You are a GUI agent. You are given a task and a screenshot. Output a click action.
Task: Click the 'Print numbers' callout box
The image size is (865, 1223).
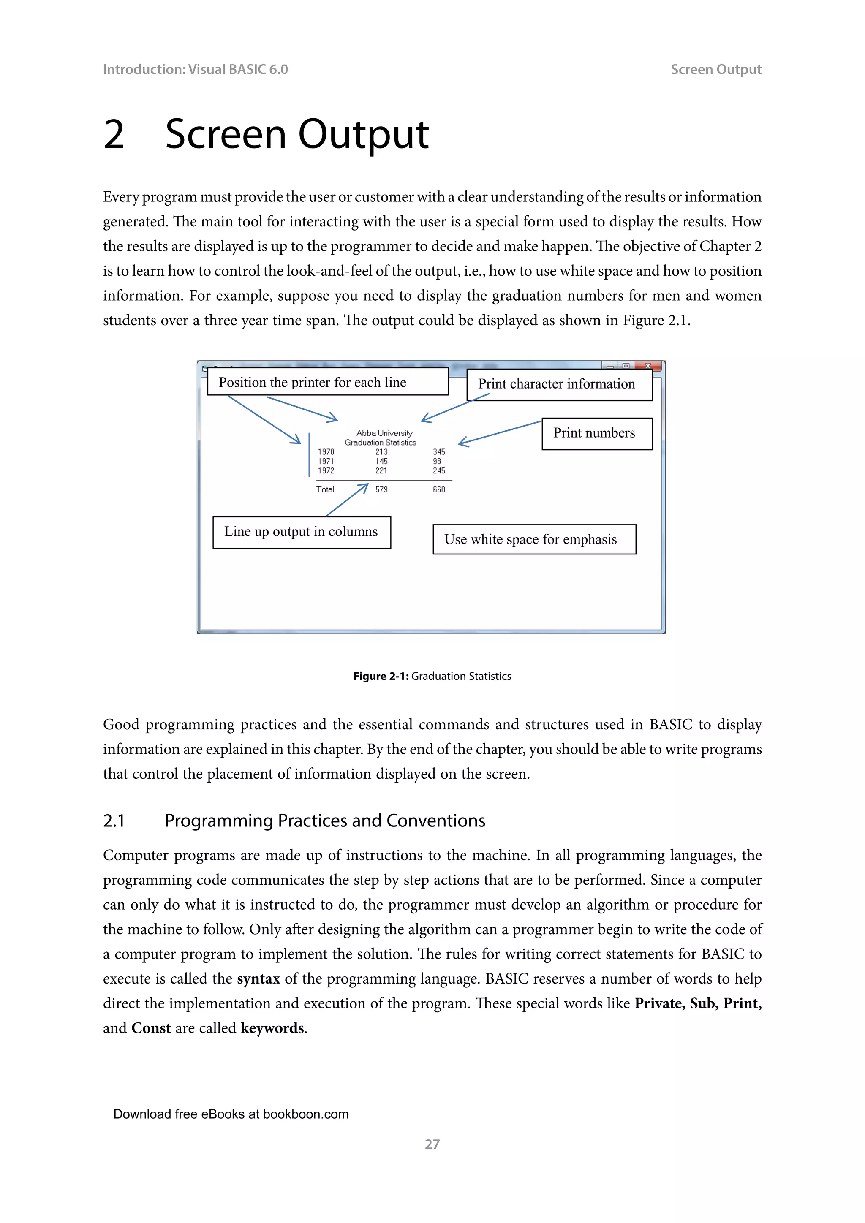pyautogui.click(x=596, y=434)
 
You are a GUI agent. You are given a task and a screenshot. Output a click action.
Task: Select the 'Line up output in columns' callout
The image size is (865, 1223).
pyautogui.click(x=302, y=532)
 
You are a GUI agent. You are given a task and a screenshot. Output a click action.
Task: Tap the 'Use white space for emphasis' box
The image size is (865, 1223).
pyautogui.click(x=534, y=540)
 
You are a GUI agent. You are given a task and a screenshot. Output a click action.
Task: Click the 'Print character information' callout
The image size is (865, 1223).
pyautogui.click(x=559, y=385)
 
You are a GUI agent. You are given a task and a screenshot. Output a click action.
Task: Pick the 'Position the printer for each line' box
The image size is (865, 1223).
pyautogui.click(x=328, y=382)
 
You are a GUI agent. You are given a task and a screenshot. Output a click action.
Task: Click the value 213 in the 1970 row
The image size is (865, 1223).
pyautogui.click(x=381, y=452)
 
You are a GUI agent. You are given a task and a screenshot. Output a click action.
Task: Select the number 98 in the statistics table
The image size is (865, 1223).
pyautogui.click(x=437, y=461)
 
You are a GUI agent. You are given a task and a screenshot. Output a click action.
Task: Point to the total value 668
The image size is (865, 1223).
pyautogui.click(x=439, y=489)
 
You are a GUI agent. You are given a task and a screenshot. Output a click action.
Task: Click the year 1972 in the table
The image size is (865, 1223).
pyautogui.click(x=326, y=471)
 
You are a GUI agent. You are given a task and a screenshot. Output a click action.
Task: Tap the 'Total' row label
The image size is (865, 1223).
pyautogui.click(x=325, y=489)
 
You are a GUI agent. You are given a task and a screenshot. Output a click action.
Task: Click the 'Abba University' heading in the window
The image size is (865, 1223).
pyautogui.click(x=384, y=433)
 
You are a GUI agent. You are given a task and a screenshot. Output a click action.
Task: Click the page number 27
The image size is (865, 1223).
pyautogui.click(x=432, y=1144)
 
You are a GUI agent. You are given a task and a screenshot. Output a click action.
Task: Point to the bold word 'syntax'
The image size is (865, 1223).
pyautogui.click(x=258, y=979)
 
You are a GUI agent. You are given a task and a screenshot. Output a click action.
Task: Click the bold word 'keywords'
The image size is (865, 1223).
pyautogui.click(x=272, y=1028)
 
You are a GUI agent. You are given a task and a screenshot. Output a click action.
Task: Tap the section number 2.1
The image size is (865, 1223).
pyautogui.click(x=114, y=821)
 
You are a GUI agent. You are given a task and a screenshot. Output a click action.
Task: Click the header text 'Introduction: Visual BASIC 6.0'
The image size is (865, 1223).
pyautogui.click(x=195, y=70)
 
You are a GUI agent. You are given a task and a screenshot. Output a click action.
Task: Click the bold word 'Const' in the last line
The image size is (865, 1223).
pyautogui.click(x=151, y=1028)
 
